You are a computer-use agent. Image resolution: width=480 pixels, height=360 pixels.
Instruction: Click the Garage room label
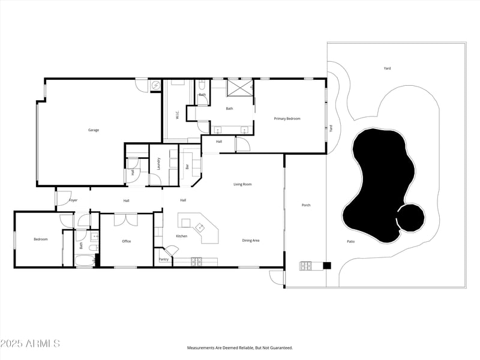coord(94,130)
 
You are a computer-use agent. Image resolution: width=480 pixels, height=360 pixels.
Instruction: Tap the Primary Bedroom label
coord(287,119)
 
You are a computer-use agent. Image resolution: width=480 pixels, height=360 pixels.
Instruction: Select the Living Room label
coord(242,184)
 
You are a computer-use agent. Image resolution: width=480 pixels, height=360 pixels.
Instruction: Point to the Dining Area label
coord(251,241)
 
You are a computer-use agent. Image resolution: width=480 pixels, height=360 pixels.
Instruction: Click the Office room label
coord(127,241)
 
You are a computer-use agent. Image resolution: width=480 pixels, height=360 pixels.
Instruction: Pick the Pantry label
coord(164,260)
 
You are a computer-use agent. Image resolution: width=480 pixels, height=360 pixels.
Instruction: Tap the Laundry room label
coord(158,164)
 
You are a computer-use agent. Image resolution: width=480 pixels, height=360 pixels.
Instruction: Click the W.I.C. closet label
coord(177,115)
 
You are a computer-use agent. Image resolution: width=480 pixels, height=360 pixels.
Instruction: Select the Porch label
coord(306,205)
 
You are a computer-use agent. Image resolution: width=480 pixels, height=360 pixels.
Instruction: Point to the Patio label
coord(351,242)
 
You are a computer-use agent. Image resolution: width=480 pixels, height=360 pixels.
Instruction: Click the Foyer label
coord(73,200)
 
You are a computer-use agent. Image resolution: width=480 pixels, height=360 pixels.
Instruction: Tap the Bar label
coord(187,167)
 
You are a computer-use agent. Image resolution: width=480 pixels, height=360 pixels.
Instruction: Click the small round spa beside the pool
coord(411,218)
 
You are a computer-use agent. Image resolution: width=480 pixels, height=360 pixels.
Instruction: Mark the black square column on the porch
coord(327,266)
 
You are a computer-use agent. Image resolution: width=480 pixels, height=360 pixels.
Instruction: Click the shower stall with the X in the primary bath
coord(239,88)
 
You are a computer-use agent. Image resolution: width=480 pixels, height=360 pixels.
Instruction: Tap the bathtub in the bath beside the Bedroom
coord(85,262)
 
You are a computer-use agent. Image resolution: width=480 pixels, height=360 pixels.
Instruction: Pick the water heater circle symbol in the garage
coord(156,85)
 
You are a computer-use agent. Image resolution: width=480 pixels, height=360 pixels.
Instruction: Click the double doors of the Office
coord(126,220)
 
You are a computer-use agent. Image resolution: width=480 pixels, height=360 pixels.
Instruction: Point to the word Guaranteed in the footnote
coord(281,348)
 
